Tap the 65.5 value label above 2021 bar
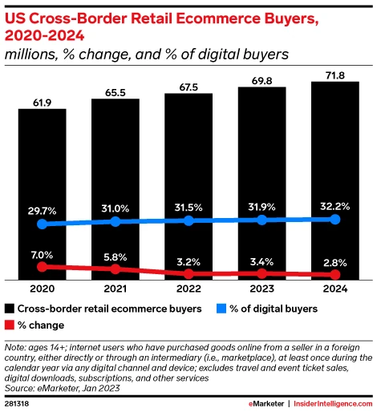115,91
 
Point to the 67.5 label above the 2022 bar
188,85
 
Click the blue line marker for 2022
188,220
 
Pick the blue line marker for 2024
334,219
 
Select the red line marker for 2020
42,266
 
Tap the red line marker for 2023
261,273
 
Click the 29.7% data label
42,209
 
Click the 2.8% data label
334,261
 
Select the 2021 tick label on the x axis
115,289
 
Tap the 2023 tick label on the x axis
261,289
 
